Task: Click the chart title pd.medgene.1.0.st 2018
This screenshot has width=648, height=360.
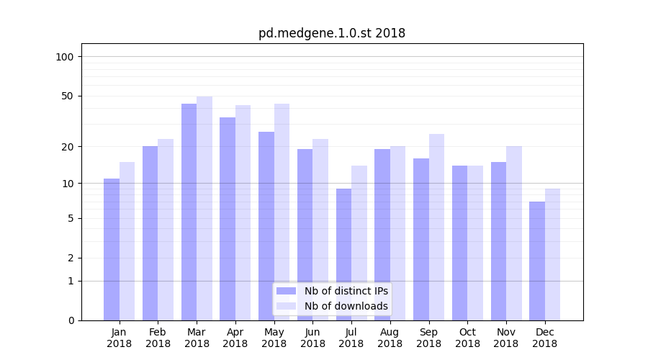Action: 332,33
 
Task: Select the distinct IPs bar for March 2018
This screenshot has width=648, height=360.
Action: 189,212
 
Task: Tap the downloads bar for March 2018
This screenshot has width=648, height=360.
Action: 204,208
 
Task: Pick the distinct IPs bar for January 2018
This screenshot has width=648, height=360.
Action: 112,249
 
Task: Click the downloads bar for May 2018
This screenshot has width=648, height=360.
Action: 282,212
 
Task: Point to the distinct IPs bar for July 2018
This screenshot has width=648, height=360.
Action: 343,254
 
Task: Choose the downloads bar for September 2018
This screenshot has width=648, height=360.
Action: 436,227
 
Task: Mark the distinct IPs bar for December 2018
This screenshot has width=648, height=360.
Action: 537,261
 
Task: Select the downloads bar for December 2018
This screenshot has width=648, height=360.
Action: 552,254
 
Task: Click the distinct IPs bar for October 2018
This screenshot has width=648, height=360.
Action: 459,243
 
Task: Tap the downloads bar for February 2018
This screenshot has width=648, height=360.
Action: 166,230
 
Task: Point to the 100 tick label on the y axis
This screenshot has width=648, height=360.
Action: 65,57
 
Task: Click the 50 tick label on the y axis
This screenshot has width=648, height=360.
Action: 68,96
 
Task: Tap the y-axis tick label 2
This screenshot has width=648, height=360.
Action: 71,258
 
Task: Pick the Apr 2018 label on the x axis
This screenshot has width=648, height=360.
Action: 235,338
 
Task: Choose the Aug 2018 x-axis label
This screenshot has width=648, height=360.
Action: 390,338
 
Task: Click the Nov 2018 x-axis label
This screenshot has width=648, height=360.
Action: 506,338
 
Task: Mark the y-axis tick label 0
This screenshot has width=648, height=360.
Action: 71,320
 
